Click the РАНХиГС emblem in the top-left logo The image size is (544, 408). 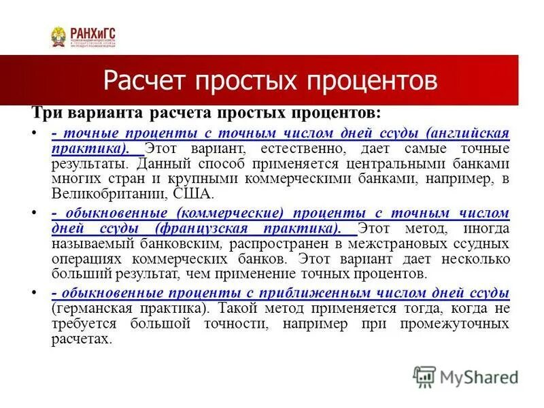(x=59, y=37)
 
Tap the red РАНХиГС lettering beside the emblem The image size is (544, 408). (x=92, y=31)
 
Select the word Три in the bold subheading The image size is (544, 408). (x=48, y=112)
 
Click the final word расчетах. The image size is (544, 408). (x=81, y=339)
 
